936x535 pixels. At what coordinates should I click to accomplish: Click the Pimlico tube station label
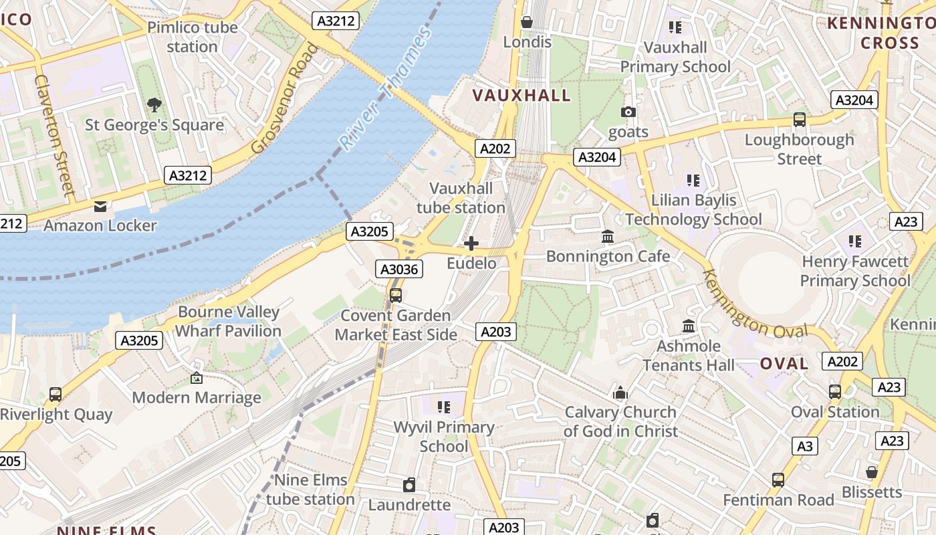192,37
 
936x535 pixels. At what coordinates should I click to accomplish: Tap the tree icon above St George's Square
154,105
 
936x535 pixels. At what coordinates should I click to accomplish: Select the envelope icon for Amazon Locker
100,206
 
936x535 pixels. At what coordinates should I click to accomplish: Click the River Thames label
386,88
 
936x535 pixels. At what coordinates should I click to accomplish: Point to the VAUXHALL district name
521,96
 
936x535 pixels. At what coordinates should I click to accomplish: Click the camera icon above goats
628,112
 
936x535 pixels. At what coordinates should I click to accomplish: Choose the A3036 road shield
399,270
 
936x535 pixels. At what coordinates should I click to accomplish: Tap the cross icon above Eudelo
471,243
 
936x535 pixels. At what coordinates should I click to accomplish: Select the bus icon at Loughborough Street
799,120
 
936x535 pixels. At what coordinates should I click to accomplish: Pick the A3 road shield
805,446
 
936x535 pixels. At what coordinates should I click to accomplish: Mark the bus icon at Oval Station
835,392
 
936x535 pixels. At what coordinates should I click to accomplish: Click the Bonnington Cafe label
608,256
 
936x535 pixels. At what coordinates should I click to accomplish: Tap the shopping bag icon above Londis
527,23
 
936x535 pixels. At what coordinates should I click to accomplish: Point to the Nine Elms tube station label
310,490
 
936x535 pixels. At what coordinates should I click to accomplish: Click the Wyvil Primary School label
444,437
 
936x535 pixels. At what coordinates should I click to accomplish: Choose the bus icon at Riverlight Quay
55,395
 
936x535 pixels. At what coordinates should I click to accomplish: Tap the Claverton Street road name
53,134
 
